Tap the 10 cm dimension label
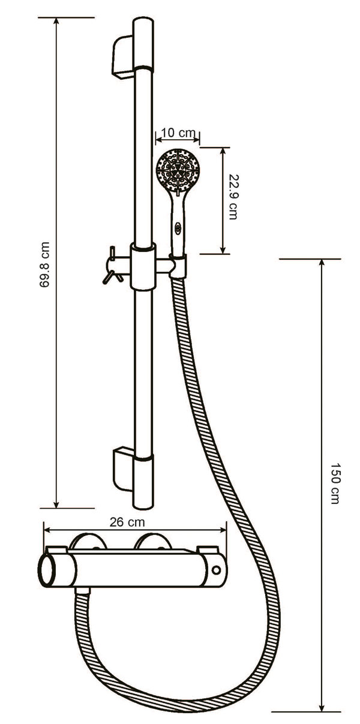[178, 133]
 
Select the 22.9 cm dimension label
[232, 197]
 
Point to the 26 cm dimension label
[125, 521]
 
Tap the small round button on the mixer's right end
[217, 568]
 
